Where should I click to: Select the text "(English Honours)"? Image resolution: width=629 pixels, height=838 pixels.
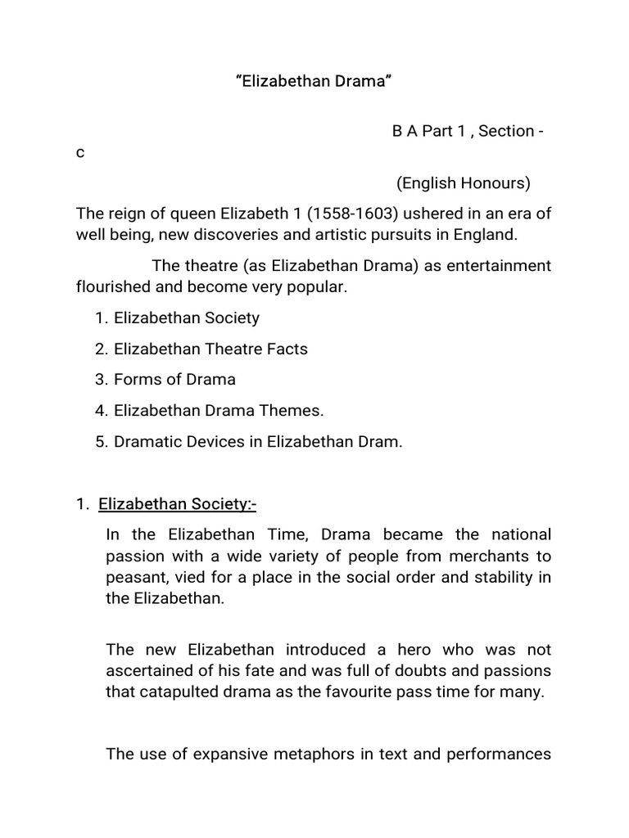click(464, 182)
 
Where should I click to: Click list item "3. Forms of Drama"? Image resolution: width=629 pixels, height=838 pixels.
click(165, 380)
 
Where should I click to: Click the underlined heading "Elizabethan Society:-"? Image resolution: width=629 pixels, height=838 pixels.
click(177, 505)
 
